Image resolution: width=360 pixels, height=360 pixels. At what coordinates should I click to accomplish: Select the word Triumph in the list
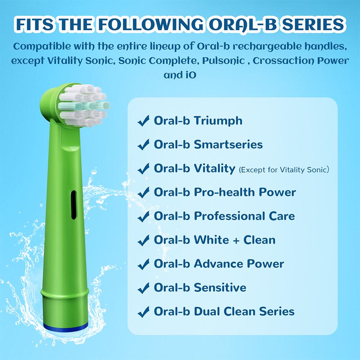[218, 121]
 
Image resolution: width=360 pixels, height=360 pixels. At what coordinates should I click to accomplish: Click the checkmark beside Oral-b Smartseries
[144, 145]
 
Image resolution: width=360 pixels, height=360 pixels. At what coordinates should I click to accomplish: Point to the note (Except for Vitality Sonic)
[284, 169]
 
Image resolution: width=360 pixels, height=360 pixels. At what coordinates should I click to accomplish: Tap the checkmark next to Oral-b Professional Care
[144, 217]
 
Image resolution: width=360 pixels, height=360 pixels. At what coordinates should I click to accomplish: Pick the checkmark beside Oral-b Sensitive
[144, 288]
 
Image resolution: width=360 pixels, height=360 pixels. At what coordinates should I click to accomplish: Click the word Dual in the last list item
[208, 311]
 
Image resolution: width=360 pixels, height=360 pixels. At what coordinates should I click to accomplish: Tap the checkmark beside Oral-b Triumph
[144, 121]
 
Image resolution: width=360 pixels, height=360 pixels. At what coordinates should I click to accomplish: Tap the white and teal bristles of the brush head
[84, 105]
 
